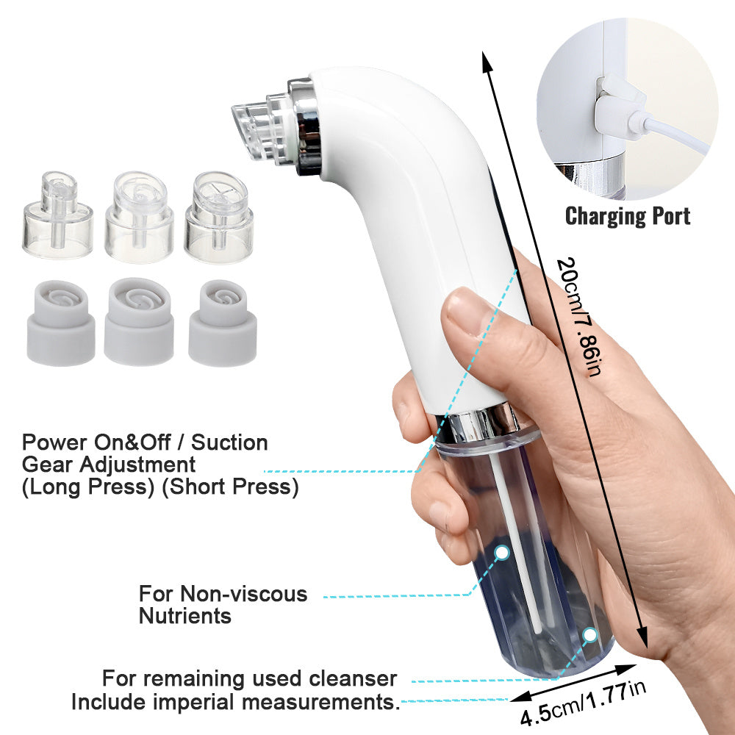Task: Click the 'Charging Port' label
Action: tap(628, 216)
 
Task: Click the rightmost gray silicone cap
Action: tap(222, 323)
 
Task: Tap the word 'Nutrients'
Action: tap(185, 615)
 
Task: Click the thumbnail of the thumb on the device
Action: tap(465, 309)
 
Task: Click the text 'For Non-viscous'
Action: tap(223, 593)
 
